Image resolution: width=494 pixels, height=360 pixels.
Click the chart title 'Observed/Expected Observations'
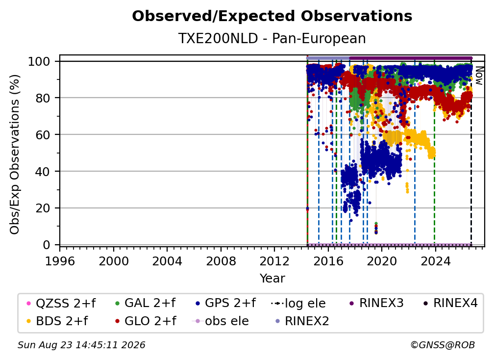click(272, 16)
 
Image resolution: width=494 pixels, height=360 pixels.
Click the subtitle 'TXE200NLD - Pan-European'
click(272, 38)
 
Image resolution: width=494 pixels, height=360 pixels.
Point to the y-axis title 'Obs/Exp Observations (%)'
click(15, 154)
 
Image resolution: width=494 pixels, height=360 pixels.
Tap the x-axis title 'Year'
click(272, 279)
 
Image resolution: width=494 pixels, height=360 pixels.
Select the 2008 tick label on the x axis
click(221, 261)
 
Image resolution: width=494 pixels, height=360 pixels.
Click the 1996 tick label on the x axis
click(60, 261)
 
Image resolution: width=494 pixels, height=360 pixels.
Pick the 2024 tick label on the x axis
click(435, 261)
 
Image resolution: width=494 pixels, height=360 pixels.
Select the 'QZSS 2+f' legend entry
click(61, 303)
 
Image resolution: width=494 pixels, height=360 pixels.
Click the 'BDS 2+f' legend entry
click(57, 321)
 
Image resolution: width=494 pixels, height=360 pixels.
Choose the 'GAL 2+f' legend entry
click(145, 303)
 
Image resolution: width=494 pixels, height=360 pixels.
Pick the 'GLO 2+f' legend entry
click(146, 321)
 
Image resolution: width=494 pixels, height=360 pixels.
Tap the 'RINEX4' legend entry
click(450, 303)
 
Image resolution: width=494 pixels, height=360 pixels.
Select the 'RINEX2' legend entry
click(302, 321)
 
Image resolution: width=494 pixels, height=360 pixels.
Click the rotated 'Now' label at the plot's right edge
click(479, 76)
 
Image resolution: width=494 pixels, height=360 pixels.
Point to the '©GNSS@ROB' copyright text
click(443, 345)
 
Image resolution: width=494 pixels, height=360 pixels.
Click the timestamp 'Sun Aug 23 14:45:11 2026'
click(81, 345)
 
